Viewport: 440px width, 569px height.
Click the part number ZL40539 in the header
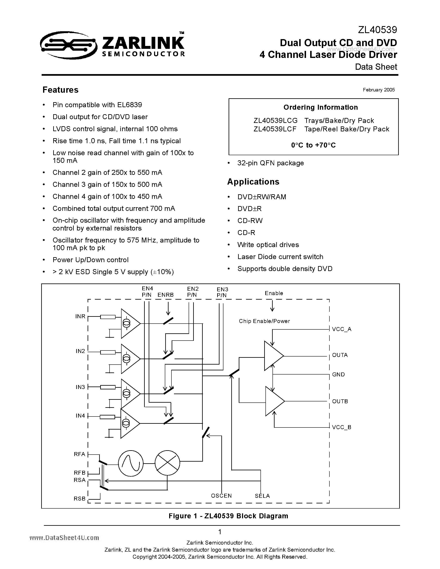[377, 30]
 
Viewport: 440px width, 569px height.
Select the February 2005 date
[379, 90]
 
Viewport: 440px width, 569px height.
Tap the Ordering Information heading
[320, 107]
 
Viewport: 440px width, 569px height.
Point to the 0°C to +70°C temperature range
[313, 145]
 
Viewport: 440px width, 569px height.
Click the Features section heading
[60, 90]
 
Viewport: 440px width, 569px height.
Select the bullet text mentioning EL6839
[97, 105]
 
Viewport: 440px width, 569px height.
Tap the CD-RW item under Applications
[250, 221]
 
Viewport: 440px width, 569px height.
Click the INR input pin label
[80, 316]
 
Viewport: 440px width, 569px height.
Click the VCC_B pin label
[341, 427]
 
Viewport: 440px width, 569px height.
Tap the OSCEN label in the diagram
[221, 496]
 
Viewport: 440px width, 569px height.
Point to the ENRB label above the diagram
[165, 295]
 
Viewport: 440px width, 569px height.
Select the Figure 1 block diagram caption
[228, 516]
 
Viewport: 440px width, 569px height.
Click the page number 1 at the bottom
[220, 532]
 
